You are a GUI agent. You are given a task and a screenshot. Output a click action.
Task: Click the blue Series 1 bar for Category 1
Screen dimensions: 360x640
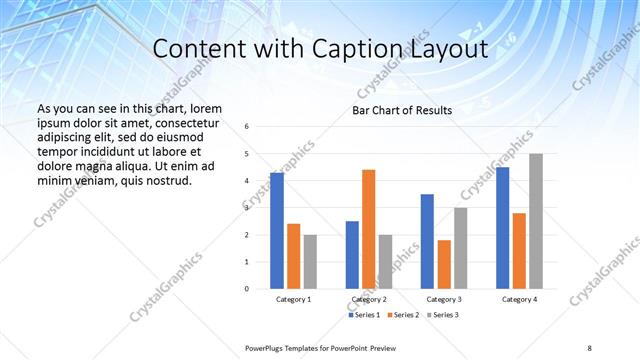[277, 231]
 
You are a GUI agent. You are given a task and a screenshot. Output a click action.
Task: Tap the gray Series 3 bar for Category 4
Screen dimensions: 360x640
[536, 221]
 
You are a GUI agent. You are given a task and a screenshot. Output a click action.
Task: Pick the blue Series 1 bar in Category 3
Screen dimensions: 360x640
[427, 241]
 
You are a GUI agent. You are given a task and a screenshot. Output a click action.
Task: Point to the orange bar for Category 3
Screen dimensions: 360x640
[443, 264]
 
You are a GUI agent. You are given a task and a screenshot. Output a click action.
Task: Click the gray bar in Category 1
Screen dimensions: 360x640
[310, 261]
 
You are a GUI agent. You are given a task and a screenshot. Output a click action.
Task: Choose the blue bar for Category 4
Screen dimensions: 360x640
[502, 228]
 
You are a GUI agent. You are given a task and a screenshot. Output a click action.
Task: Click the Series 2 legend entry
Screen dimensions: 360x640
[403, 315]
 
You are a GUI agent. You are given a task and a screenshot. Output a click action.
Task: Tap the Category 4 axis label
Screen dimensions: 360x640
[519, 299]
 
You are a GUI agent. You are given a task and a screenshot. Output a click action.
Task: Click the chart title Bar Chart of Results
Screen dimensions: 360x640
[402, 110]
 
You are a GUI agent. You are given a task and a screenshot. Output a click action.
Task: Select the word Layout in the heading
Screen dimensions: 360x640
[449, 49]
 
